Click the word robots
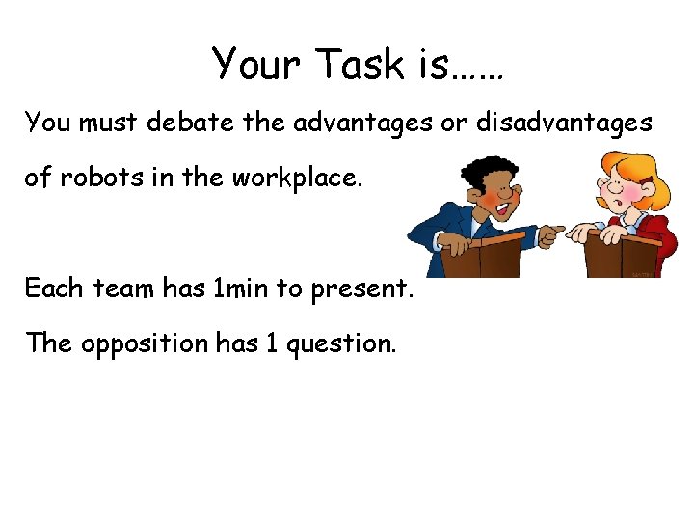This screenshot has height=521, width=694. (x=93, y=178)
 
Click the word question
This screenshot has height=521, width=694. (x=344, y=343)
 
